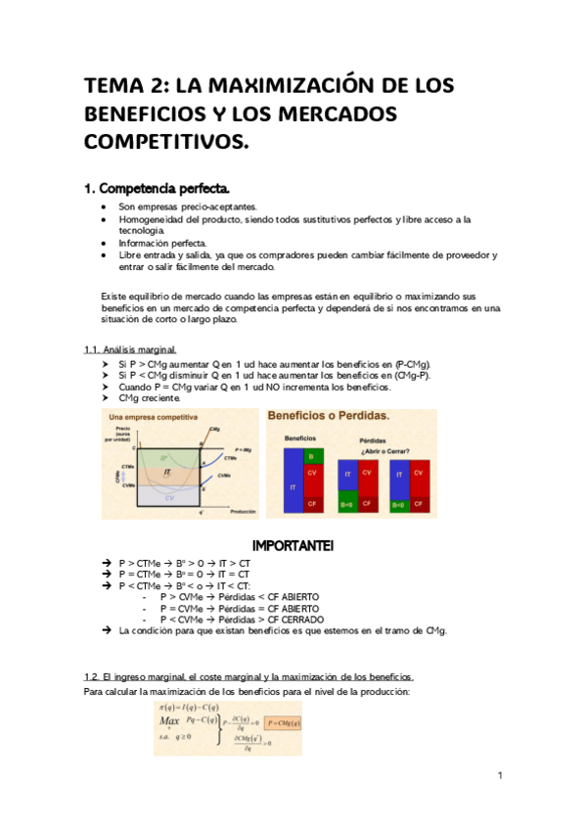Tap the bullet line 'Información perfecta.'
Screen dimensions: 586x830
pos(162,243)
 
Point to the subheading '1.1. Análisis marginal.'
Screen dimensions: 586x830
pos(130,349)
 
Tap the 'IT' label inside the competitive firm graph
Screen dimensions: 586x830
pos(167,472)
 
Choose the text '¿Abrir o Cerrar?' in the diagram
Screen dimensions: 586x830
pos(385,451)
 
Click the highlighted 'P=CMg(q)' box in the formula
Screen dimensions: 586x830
pos(278,722)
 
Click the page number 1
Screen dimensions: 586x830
pos(500,776)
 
